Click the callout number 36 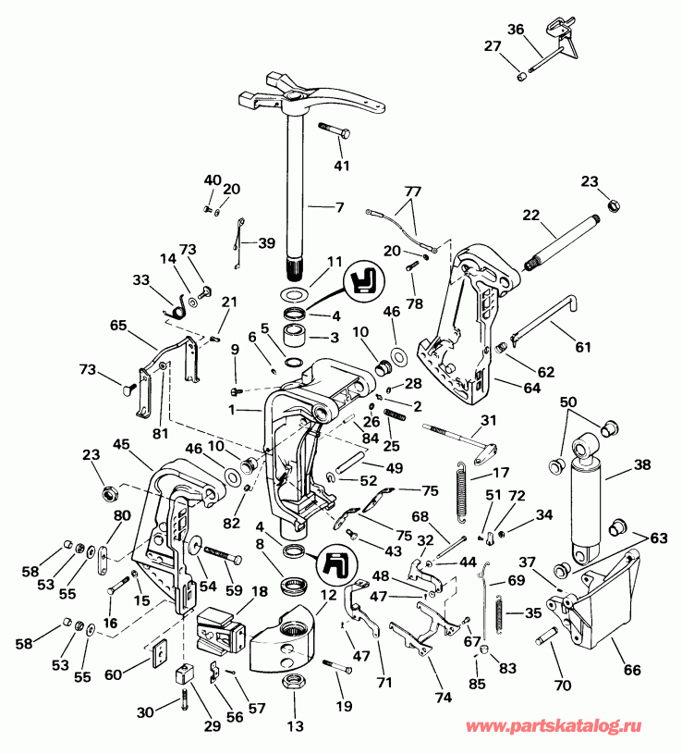click(541, 29)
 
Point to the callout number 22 click(530, 215)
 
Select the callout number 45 click(122, 445)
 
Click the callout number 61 click(581, 348)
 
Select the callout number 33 click(140, 278)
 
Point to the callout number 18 click(260, 591)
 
